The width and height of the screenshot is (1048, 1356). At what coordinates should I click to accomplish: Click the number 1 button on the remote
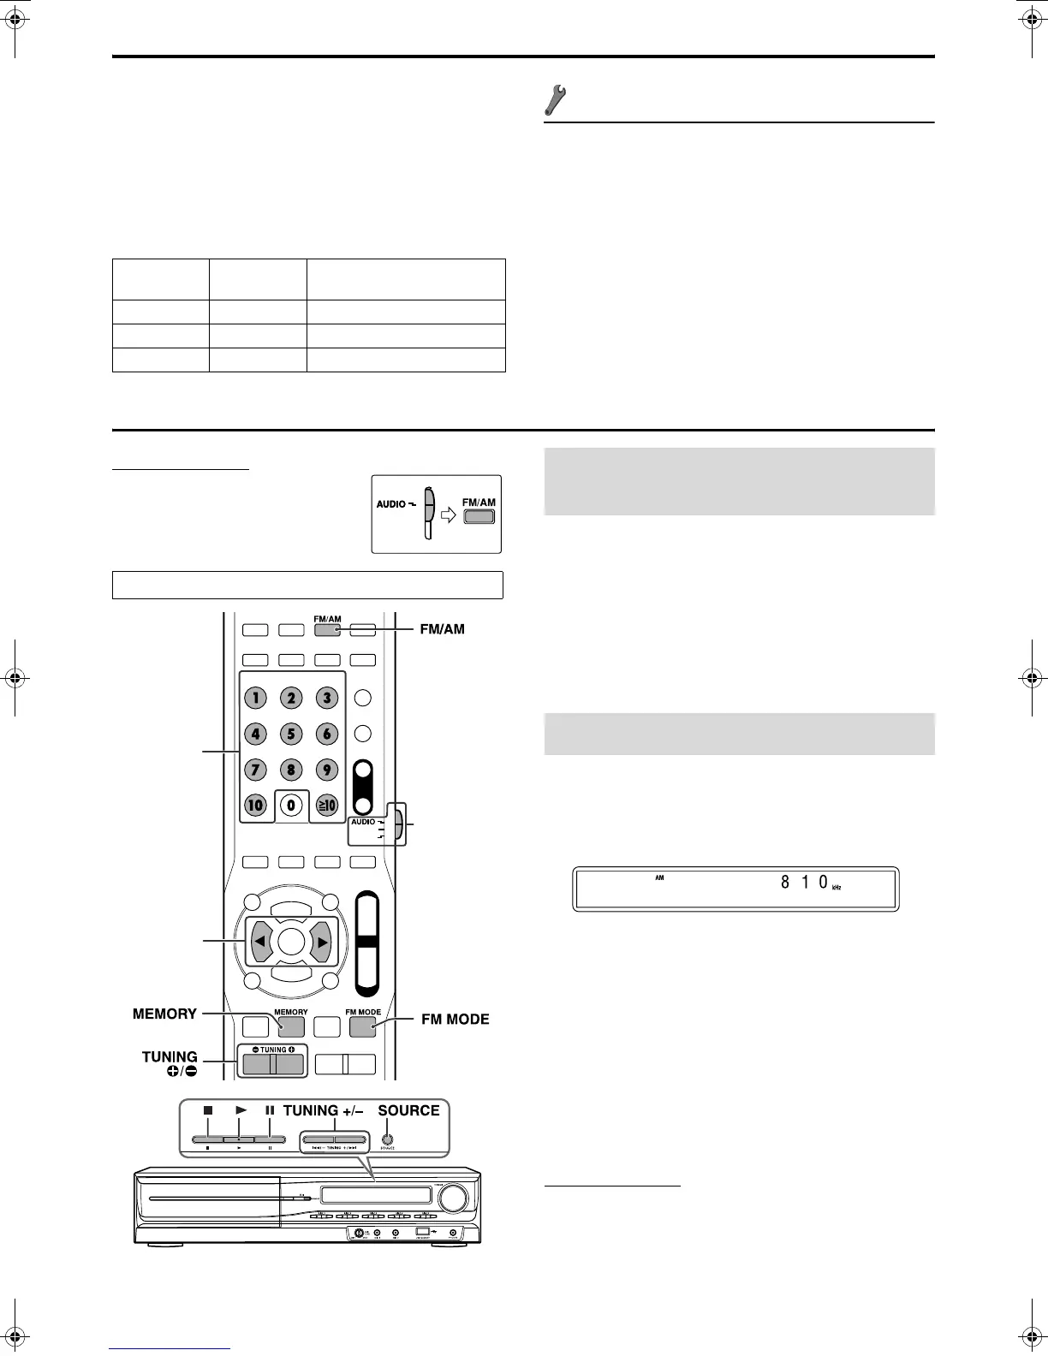pos(256,698)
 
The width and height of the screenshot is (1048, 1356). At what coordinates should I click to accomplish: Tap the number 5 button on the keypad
pos(291,734)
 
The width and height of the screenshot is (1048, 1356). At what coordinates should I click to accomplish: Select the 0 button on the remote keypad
pos(291,805)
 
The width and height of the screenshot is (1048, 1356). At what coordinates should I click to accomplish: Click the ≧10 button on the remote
pos(327,805)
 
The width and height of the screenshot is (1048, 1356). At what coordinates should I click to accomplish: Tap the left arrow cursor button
pos(259,942)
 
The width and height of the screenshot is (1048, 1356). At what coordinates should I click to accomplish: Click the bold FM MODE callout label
pos(456,1019)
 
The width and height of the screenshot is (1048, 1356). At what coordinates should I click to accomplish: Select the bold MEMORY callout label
pos(164,1014)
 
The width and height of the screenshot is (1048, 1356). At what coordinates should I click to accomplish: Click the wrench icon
pos(557,101)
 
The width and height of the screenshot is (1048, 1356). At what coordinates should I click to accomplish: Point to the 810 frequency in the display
pos(804,883)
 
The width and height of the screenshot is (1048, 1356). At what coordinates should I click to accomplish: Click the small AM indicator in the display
pos(659,877)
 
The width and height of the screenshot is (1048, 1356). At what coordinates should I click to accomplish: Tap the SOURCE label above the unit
pos(408,1110)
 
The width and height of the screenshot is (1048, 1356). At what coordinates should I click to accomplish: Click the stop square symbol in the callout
pos(207,1109)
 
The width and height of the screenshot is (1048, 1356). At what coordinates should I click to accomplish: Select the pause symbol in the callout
pos(270,1110)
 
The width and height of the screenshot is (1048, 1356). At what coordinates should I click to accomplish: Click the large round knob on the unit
pos(454,1197)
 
